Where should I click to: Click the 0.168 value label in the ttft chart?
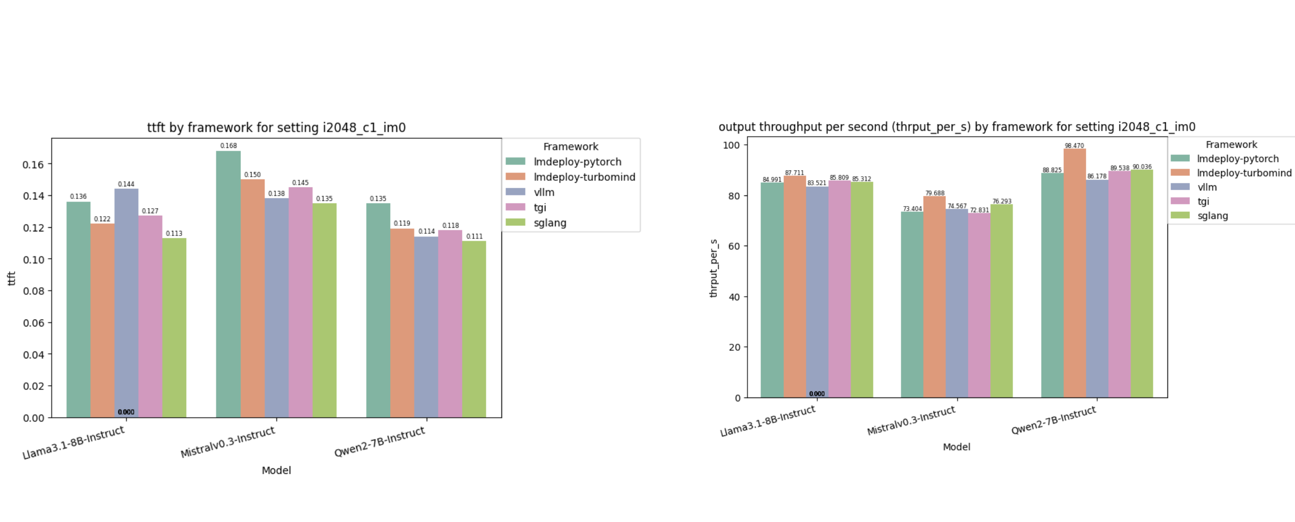click(x=228, y=146)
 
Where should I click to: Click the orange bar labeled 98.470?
click(x=1074, y=273)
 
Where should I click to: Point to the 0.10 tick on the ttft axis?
click(x=33, y=259)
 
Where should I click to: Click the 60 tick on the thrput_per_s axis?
click(x=734, y=246)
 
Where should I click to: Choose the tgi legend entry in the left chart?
click(x=539, y=208)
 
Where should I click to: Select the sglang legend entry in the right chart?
click(x=1212, y=216)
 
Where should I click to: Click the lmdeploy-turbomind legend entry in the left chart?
click(x=584, y=177)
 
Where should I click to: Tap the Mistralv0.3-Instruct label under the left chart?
click(x=228, y=442)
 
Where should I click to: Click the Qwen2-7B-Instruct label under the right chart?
click(x=1053, y=420)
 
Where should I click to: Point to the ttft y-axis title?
click(x=11, y=278)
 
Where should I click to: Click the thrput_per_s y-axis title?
click(x=714, y=268)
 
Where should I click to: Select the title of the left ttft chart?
click(x=276, y=128)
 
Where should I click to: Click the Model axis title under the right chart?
click(x=956, y=447)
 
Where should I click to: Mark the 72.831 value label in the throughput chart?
click(x=979, y=210)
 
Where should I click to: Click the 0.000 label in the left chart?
click(x=126, y=412)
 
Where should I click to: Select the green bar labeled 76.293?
click(x=1001, y=301)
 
